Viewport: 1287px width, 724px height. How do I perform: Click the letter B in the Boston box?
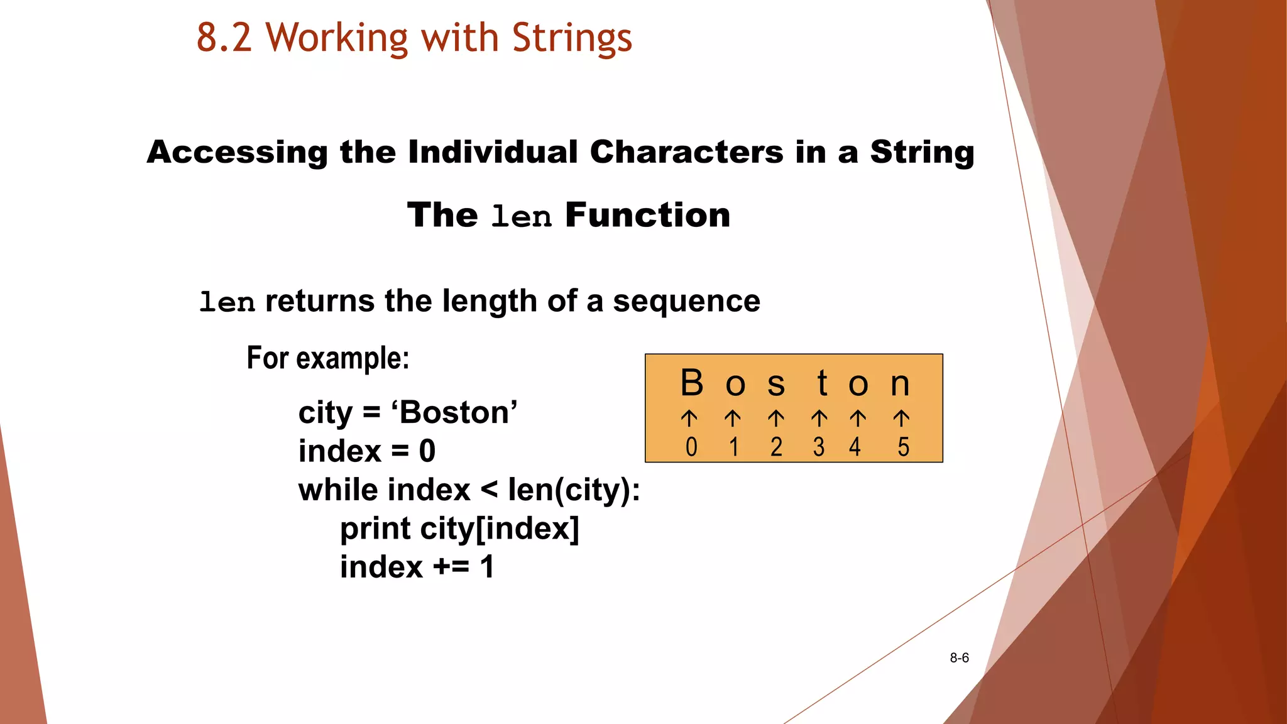(x=692, y=383)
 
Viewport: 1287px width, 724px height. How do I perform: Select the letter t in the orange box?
(x=822, y=383)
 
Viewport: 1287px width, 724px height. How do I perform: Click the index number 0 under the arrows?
(x=691, y=447)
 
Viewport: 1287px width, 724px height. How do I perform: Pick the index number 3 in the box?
(x=818, y=447)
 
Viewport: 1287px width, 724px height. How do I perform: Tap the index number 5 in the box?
(x=904, y=447)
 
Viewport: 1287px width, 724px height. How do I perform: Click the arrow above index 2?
(x=776, y=418)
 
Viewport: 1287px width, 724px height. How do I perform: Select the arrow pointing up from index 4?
(x=858, y=418)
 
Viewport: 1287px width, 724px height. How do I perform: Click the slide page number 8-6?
(x=959, y=658)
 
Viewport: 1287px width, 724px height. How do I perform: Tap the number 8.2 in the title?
(x=224, y=38)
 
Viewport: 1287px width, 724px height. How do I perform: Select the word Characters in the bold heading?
(x=687, y=152)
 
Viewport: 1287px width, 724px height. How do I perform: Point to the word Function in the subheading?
(x=648, y=215)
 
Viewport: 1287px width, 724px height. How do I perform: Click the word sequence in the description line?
(x=686, y=302)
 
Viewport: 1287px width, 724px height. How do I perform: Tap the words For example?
(x=327, y=358)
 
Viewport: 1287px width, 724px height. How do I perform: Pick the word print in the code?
(x=375, y=529)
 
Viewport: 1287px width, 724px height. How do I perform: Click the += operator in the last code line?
(x=451, y=567)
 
